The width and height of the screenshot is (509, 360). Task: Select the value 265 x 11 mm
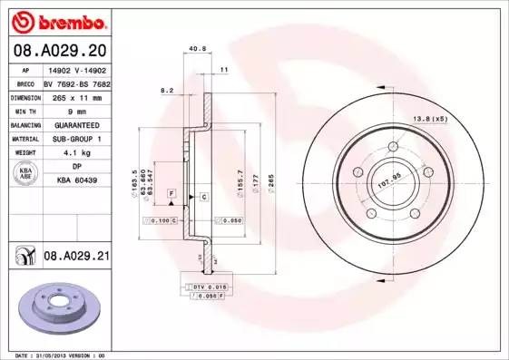point(77,95)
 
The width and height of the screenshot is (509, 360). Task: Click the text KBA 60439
point(77,180)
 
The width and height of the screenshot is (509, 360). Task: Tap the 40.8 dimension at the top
point(192,49)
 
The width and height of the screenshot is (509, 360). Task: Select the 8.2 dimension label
point(167,91)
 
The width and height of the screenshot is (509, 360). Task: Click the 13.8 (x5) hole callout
point(431,119)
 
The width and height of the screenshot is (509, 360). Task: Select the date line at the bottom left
point(56,355)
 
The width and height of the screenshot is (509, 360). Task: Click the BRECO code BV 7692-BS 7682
point(77,82)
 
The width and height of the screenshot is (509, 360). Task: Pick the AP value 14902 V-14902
point(77,68)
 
